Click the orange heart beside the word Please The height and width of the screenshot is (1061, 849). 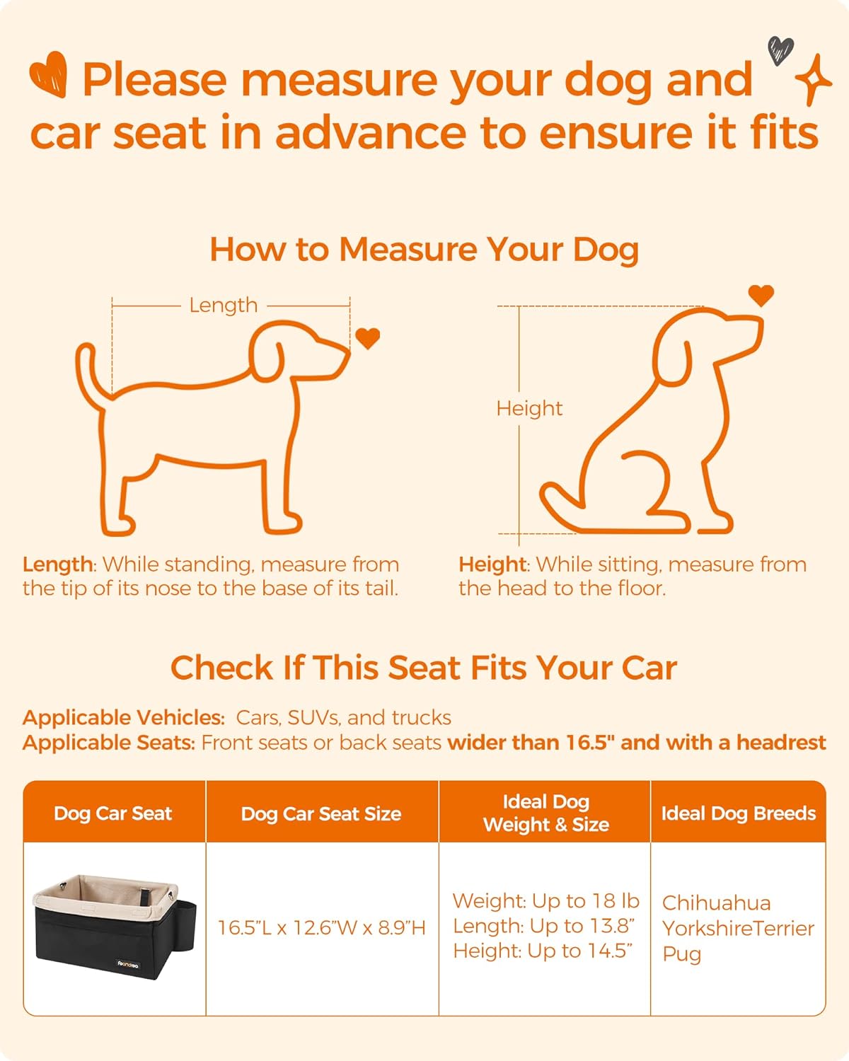tap(49, 74)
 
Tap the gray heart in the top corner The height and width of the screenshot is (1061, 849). tap(780, 50)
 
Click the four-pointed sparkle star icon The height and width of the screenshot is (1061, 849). tap(814, 80)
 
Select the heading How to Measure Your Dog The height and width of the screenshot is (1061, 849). tap(424, 250)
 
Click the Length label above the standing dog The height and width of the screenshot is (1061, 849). tap(223, 305)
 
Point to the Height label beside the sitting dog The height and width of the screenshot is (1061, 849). tap(529, 408)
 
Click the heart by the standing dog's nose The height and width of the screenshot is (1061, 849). tap(367, 338)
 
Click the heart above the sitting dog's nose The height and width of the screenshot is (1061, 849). tap(761, 294)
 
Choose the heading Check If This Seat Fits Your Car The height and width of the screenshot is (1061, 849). tap(424, 668)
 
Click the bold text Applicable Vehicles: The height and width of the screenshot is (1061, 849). tap(124, 717)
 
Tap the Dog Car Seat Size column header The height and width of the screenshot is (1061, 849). tap(321, 813)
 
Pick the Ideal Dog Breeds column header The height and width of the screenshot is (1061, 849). tap(738, 813)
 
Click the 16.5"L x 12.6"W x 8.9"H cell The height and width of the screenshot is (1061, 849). tap(321, 927)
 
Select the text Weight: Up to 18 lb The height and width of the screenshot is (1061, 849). tap(545, 900)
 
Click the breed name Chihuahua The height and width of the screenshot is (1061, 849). tap(716, 903)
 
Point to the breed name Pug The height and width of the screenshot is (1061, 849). tap(681, 953)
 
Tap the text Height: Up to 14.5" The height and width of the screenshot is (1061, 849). tap(543, 951)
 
